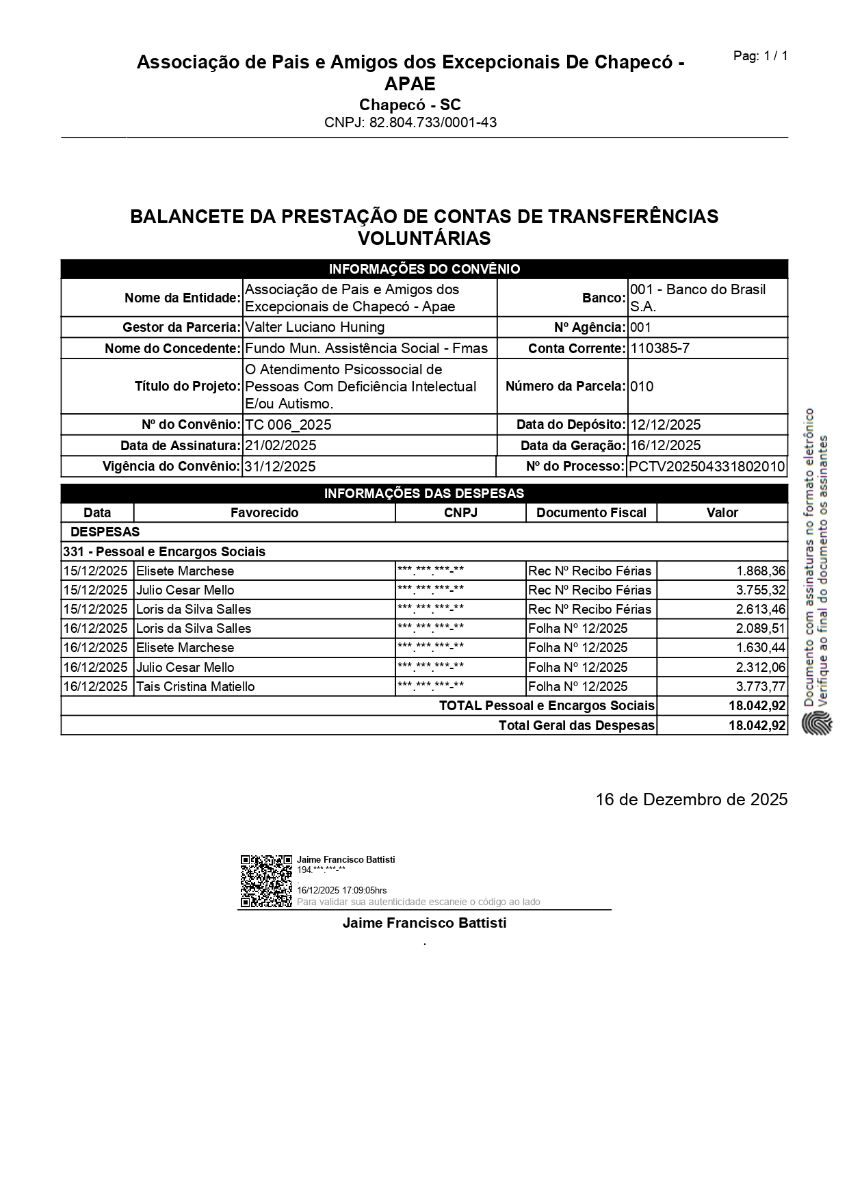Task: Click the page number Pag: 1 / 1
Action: click(x=760, y=56)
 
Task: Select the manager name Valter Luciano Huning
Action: click(x=315, y=327)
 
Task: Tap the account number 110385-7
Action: click(x=659, y=348)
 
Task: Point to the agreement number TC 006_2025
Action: click(x=288, y=425)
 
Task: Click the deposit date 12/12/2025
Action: click(x=666, y=425)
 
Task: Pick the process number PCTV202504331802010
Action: click(x=707, y=467)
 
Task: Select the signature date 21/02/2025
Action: click(x=280, y=445)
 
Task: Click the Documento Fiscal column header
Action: click(x=591, y=512)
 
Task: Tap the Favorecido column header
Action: click(x=264, y=512)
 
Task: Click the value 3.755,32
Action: click(x=761, y=590)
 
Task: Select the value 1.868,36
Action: click(x=761, y=571)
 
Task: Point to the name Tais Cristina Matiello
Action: click(x=196, y=686)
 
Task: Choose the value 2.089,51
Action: click(x=761, y=628)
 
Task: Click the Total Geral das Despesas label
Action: click(x=576, y=725)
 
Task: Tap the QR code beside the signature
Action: click(x=266, y=881)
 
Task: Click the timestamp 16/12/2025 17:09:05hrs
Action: click(x=341, y=890)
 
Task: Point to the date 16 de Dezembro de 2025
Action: click(x=691, y=799)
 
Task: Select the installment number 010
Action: click(x=642, y=387)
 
